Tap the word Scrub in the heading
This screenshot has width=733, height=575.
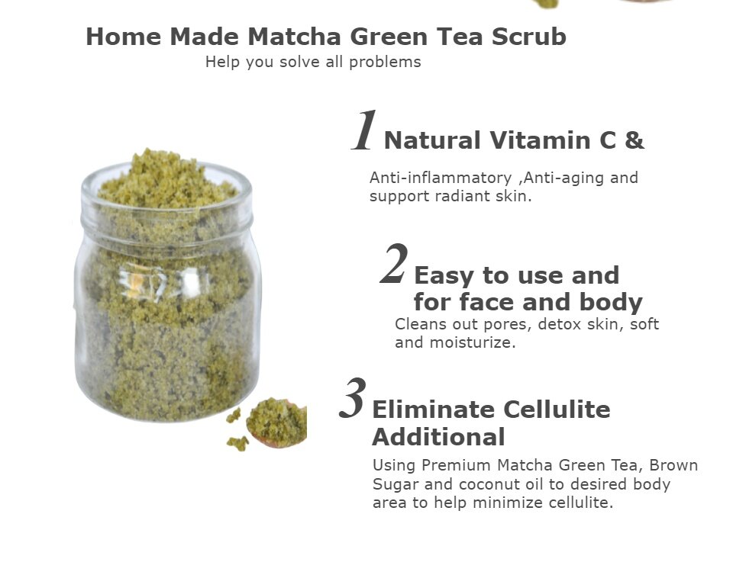pyautogui.click(x=528, y=37)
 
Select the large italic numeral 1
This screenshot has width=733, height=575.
pyautogui.click(x=363, y=130)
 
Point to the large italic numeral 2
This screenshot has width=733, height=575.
pyautogui.click(x=394, y=264)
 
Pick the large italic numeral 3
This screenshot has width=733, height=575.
pyautogui.click(x=353, y=398)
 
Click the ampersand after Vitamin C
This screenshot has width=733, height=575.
pyautogui.click(x=635, y=140)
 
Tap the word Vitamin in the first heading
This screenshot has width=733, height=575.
pyautogui.click(x=540, y=140)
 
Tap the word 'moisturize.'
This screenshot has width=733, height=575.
pyautogui.click(x=472, y=342)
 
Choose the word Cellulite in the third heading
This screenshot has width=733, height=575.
pyautogui.click(x=557, y=410)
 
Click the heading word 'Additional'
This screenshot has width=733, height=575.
pyautogui.click(x=438, y=437)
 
